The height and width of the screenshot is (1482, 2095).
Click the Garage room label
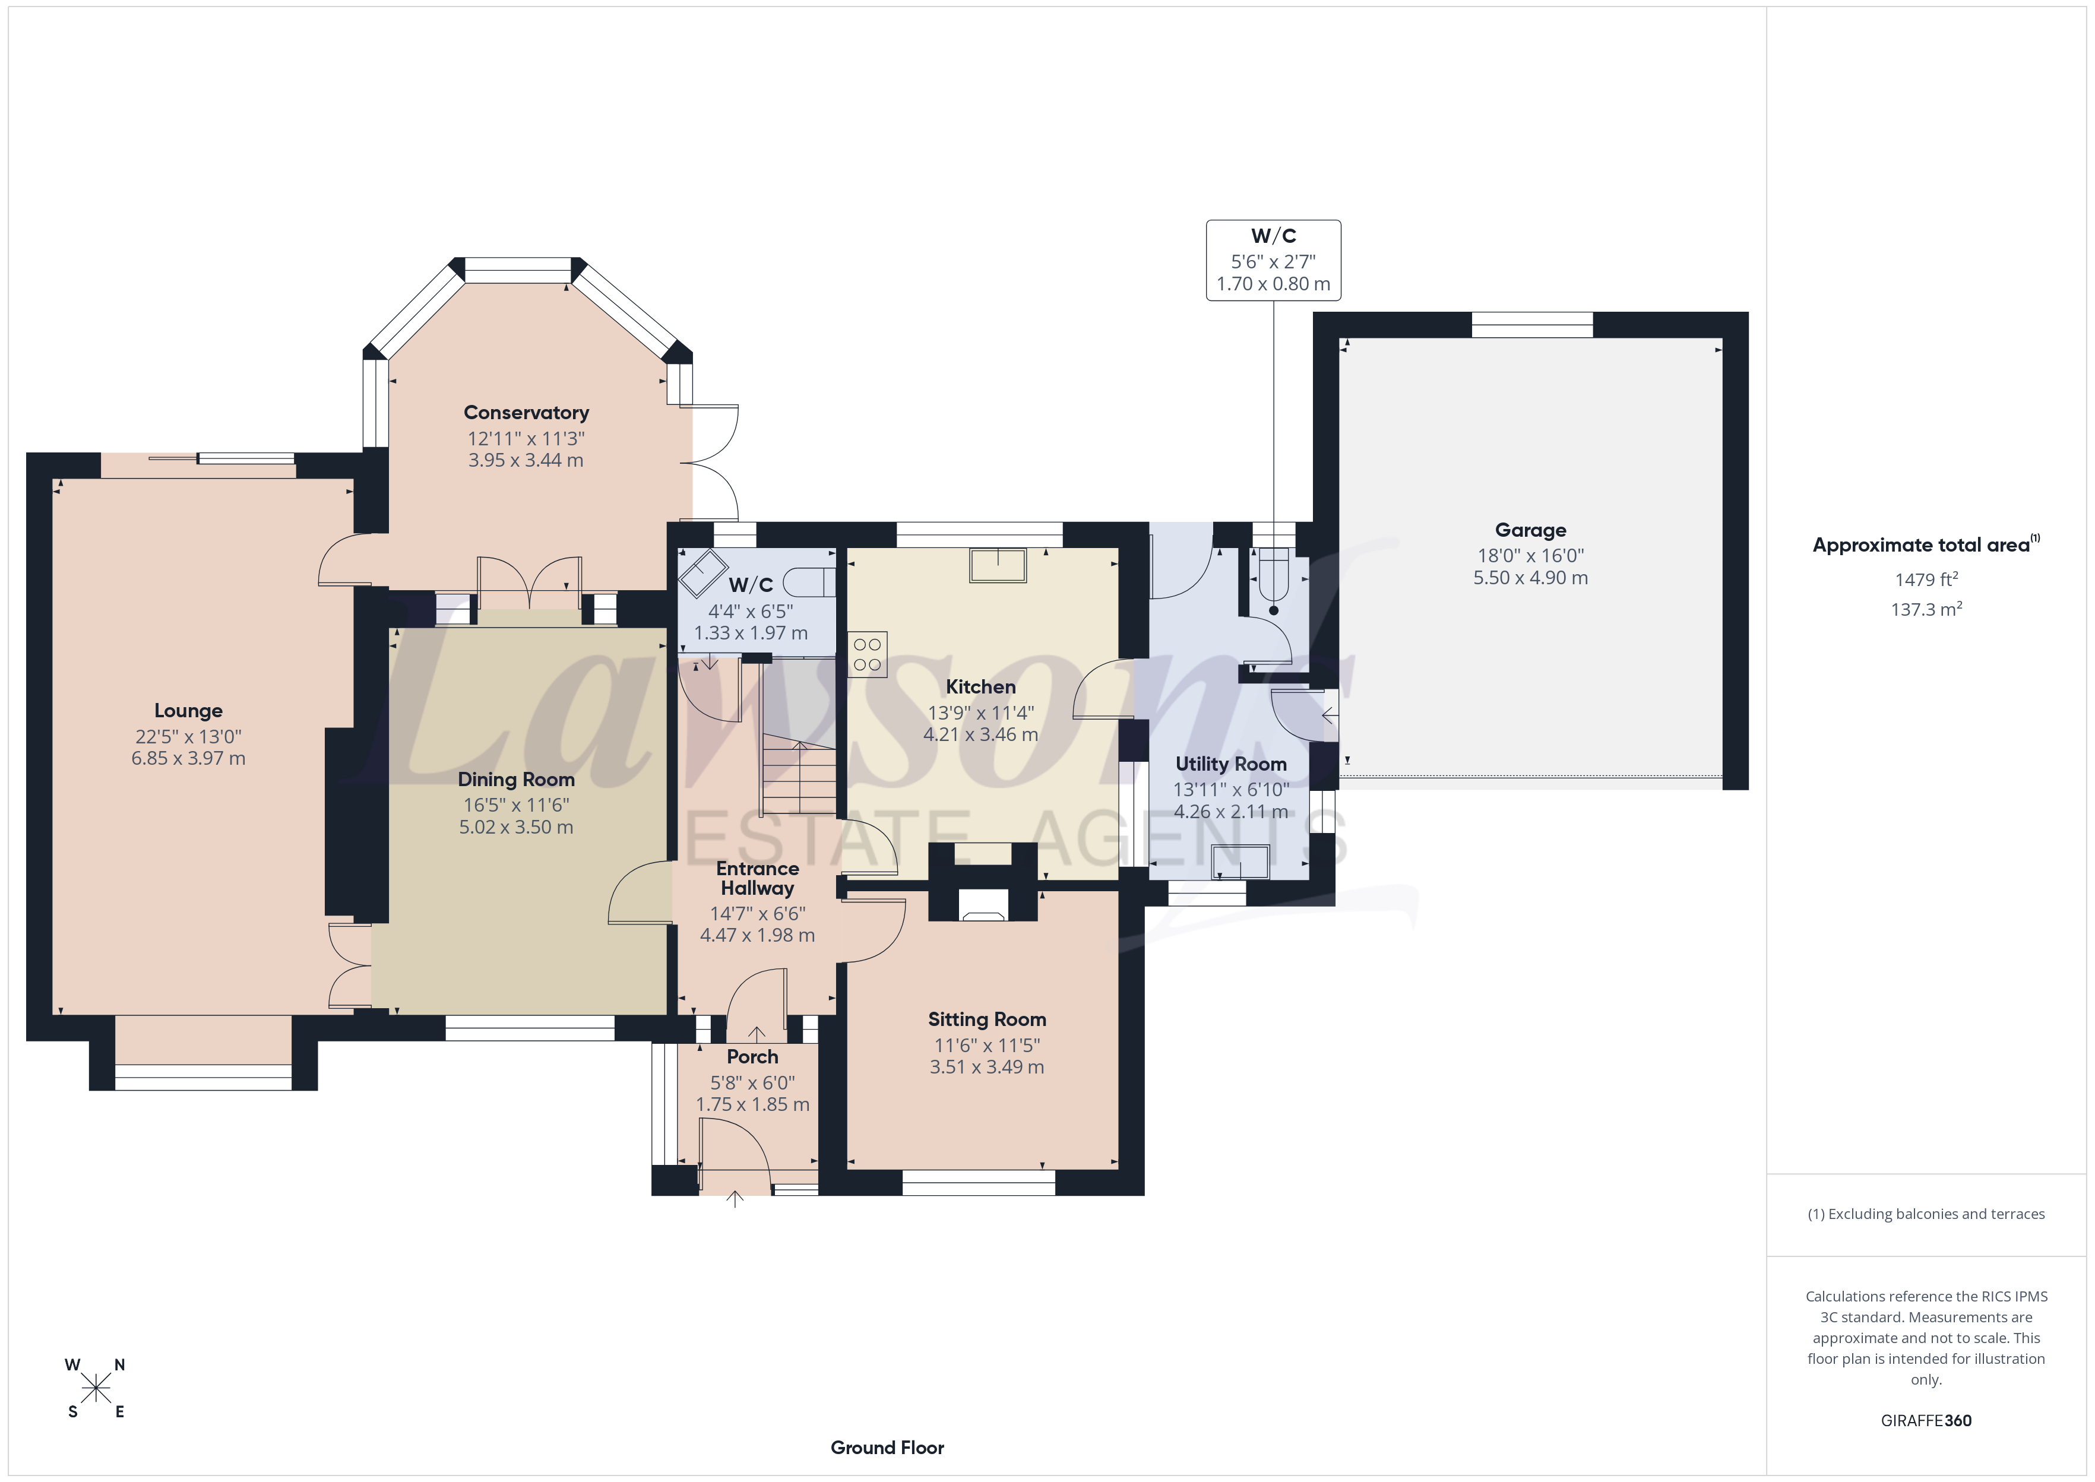click(1530, 530)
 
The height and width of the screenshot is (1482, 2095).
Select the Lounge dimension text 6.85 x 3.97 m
click(188, 758)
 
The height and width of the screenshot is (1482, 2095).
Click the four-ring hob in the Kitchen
click(867, 654)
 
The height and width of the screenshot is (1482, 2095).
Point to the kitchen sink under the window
click(998, 565)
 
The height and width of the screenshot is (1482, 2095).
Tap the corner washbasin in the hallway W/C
click(702, 572)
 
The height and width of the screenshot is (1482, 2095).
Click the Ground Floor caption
click(887, 1448)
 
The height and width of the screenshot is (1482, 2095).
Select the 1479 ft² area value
click(1926, 579)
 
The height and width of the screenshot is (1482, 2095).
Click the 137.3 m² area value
click(1926, 609)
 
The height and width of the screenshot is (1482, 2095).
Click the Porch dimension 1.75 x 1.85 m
click(753, 1104)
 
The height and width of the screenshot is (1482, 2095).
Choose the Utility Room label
click(1231, 764)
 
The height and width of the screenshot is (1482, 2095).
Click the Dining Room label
click(517, 780)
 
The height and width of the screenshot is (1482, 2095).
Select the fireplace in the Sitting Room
click(983, 904)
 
